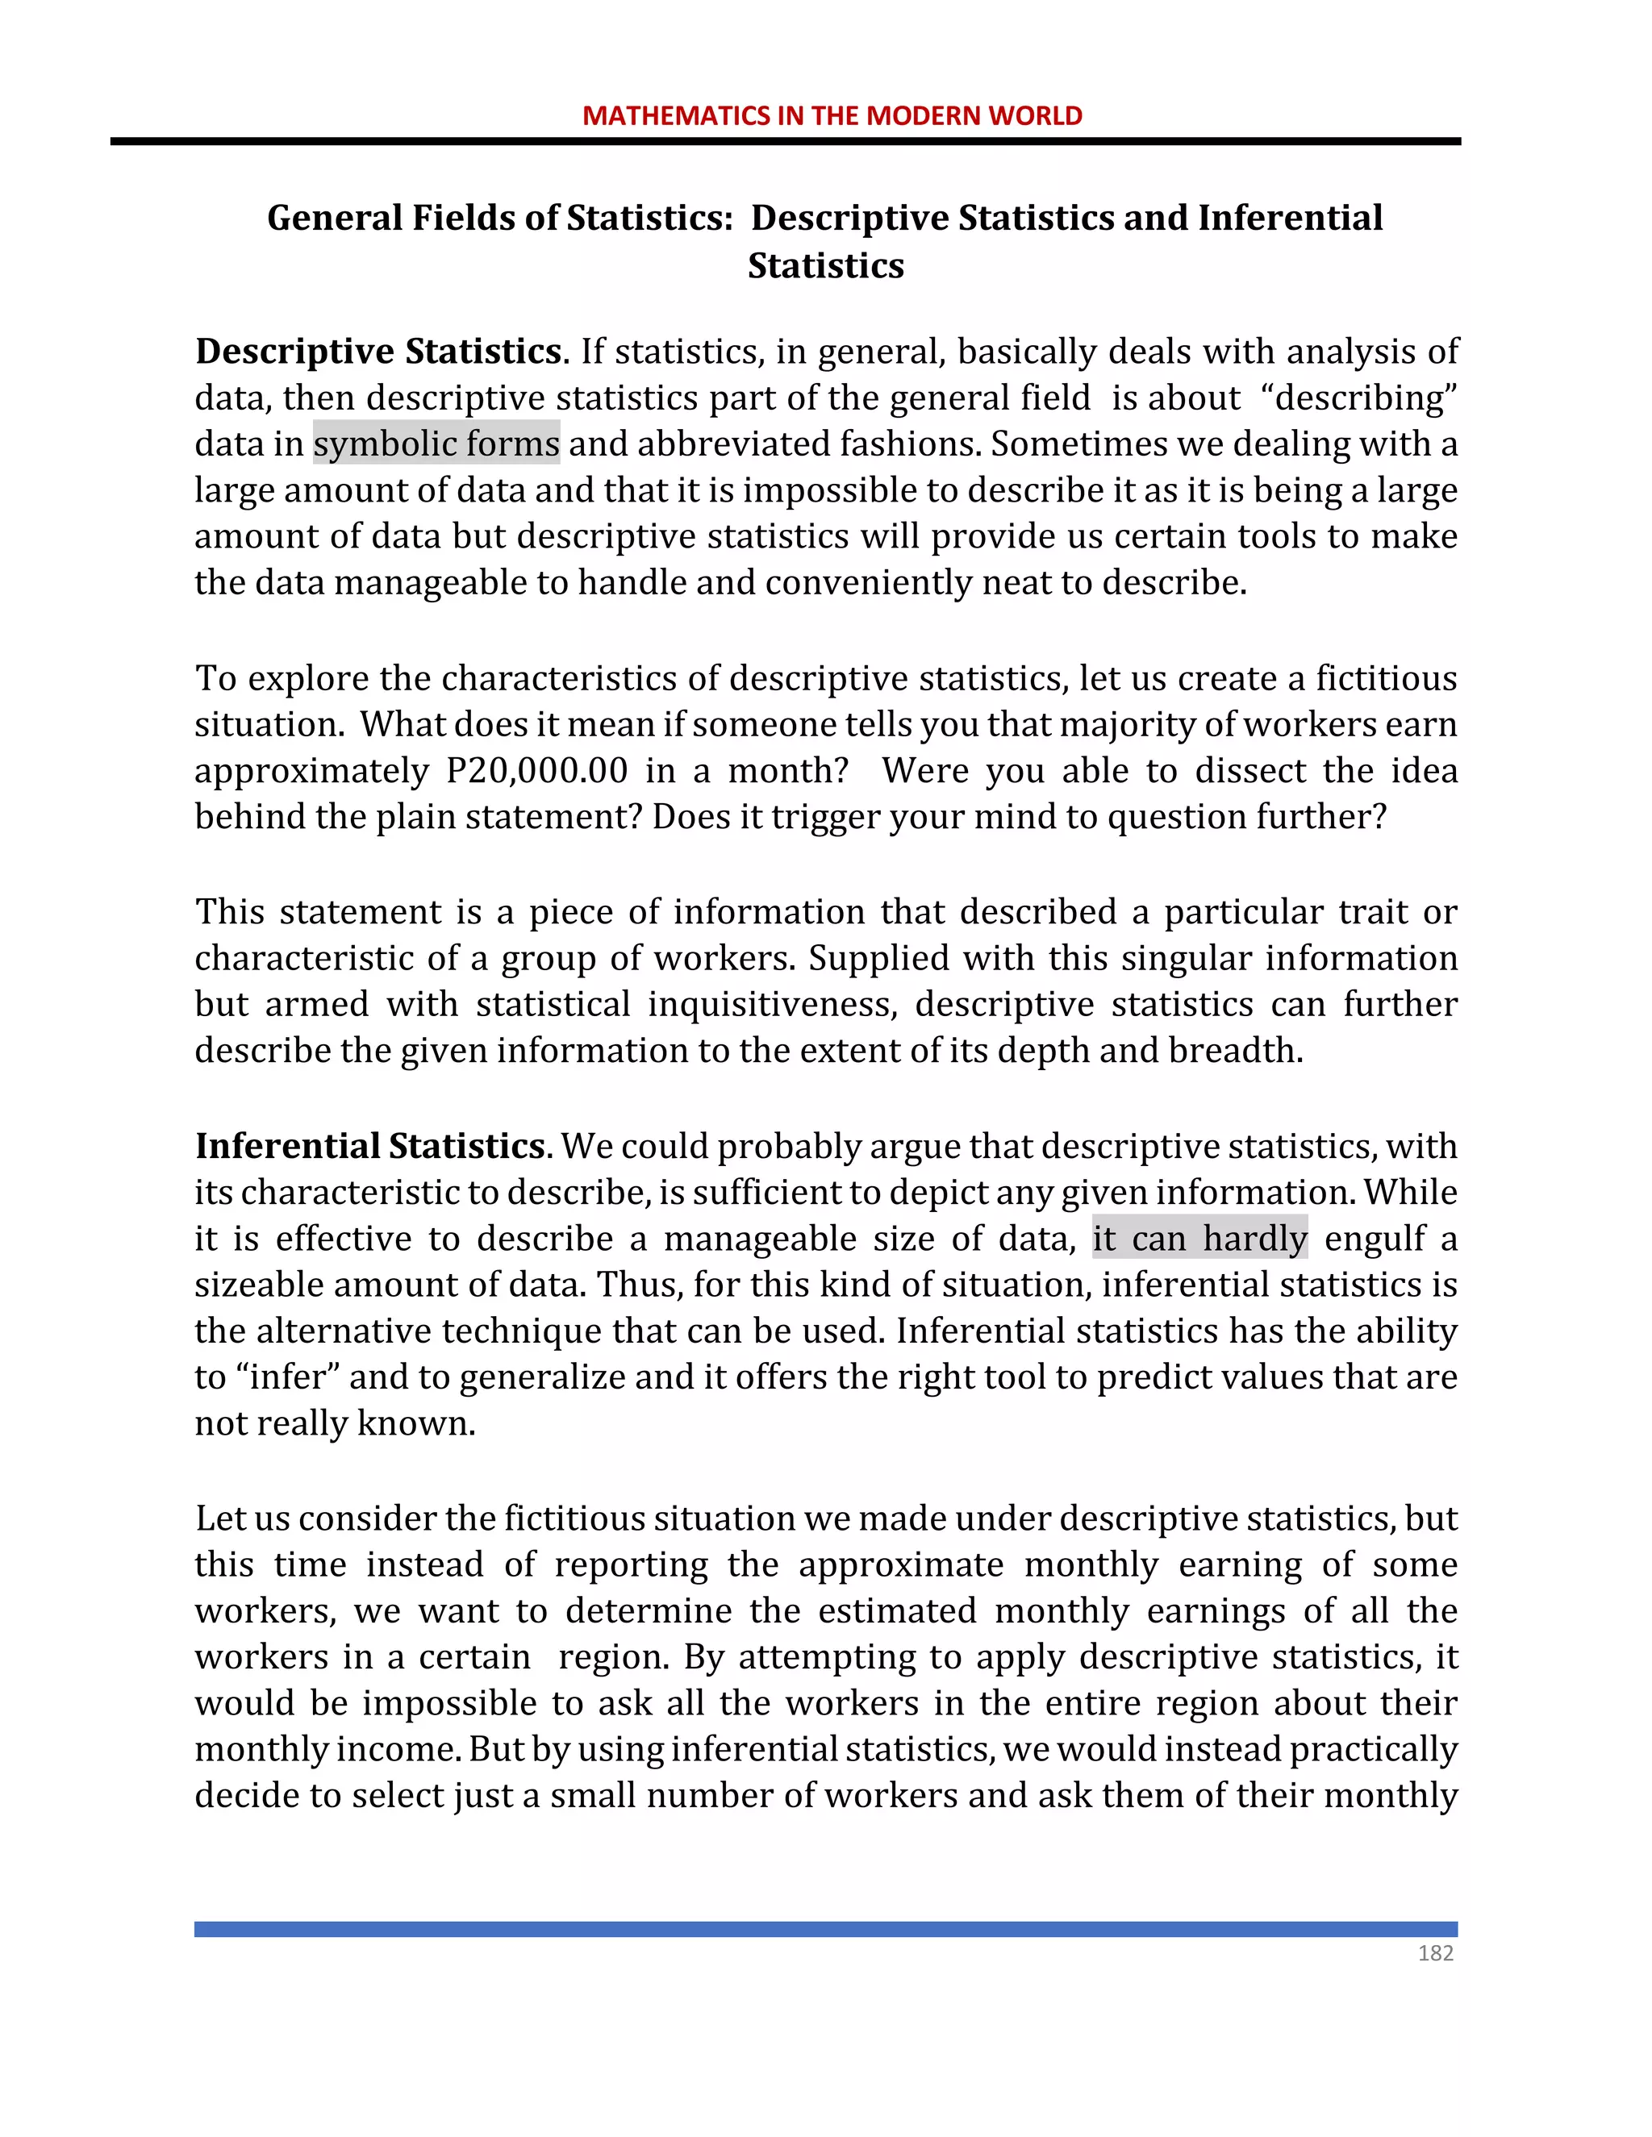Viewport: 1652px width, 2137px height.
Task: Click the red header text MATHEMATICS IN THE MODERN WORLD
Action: [x=832, y=115]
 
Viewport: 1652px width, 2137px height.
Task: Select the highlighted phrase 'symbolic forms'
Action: [x=436, y=444]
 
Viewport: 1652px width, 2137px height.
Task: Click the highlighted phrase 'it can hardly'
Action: [x=1199, y=1238]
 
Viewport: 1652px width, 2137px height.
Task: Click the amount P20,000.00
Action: [x=536, y=771]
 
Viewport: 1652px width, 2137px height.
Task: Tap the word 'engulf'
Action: [x=1375, y=1239]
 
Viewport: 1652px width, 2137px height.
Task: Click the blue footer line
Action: [x=826, y=1929]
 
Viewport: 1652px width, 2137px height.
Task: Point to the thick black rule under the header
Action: [x=785, y=142]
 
